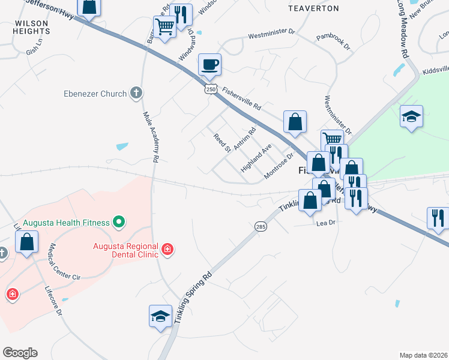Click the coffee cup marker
coord(209,64)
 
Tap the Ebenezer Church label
coord(95,94)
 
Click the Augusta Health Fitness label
coord(66,223)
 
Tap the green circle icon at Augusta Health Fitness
coord(119,223)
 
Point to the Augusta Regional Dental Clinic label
coord(125,250)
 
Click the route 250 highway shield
coord(210,89)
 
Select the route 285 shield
coord(260,226)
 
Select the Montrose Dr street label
coord(278,169)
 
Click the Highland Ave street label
coord(256,158)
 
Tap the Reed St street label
coord(222,143)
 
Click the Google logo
coord(20,353)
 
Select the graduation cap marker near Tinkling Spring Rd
coord(160,316)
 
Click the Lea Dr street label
coord(324,222)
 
